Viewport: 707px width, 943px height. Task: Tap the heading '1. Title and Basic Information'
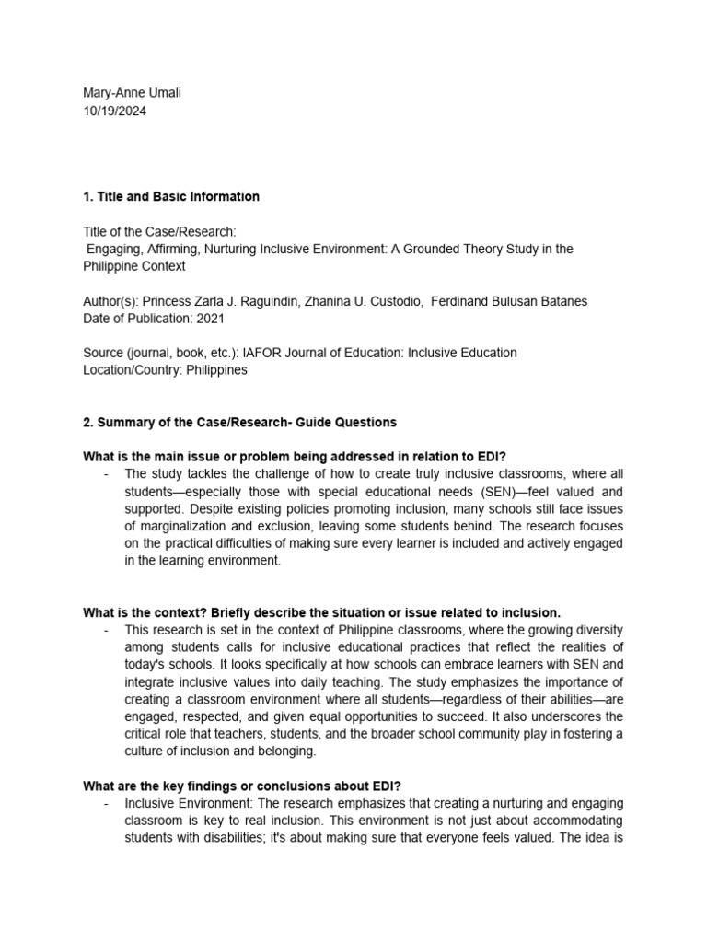[170, 196]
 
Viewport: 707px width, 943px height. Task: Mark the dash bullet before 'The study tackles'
[107, 474]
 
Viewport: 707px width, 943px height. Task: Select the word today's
[147, 665]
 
